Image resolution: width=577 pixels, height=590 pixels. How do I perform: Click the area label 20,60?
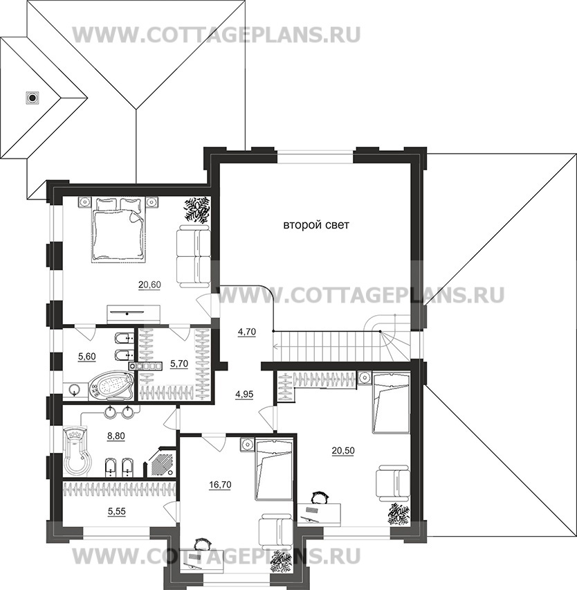point(149,284)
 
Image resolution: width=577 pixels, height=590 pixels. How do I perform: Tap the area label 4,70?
point(247,332)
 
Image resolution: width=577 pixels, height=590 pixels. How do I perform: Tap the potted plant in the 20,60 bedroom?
point(197,209)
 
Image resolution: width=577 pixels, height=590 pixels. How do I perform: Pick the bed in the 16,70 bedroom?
point(274,469)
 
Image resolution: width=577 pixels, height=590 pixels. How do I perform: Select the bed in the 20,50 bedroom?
point(391,402)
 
